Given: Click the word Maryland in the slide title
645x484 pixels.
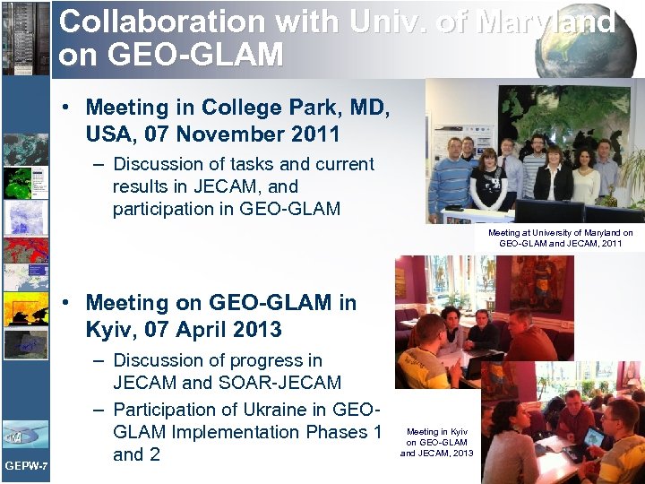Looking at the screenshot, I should click(546, 22).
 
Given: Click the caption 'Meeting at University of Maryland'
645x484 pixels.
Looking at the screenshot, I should click(560, 233).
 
